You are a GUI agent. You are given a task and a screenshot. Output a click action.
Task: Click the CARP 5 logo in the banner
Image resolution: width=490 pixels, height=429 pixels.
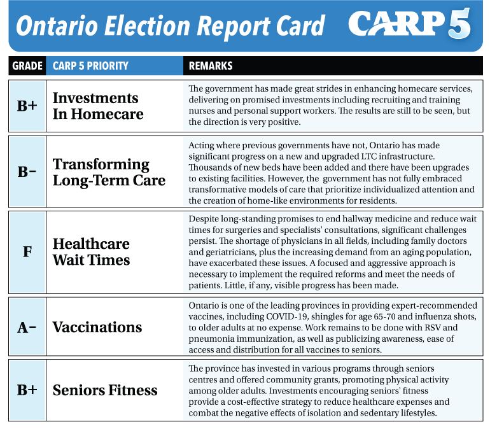click(409, 24)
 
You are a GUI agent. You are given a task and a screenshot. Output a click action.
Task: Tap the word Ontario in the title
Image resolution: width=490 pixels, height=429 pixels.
click(57, 25)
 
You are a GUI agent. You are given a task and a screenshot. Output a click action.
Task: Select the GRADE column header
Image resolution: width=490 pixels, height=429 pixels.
click(27, 66)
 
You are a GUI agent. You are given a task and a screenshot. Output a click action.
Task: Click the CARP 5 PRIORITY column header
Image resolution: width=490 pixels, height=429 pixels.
click(90, 66)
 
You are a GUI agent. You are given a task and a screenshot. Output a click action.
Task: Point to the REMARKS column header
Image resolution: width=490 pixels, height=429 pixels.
click(211, 66)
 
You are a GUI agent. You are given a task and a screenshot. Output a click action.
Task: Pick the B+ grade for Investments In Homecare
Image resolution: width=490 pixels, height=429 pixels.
click(27, 106)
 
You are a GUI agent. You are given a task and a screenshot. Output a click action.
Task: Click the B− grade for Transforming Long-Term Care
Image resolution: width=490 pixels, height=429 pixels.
click(27, 172)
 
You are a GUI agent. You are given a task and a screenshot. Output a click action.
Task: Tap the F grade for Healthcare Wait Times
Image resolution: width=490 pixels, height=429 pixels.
click(27, 251)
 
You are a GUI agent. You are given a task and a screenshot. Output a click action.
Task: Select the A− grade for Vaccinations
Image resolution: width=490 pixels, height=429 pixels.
click(27, 327)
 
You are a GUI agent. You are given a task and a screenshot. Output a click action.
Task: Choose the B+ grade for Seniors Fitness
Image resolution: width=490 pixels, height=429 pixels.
click(27, 390)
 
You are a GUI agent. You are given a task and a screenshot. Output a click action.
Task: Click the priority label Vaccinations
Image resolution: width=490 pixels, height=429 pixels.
click(97, 327)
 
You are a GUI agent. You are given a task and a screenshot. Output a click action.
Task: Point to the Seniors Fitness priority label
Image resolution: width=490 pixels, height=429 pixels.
click(105, 390)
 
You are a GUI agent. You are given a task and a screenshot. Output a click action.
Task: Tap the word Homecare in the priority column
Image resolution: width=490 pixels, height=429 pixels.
click(107, 114)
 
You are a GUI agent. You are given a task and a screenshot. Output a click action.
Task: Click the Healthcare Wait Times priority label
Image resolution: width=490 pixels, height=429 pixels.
click(91, 252)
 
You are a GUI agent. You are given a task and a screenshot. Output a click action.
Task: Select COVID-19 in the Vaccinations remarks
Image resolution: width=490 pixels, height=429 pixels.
click(284, 316)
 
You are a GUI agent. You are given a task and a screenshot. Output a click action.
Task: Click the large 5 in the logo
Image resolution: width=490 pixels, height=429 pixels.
click(459, 24)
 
